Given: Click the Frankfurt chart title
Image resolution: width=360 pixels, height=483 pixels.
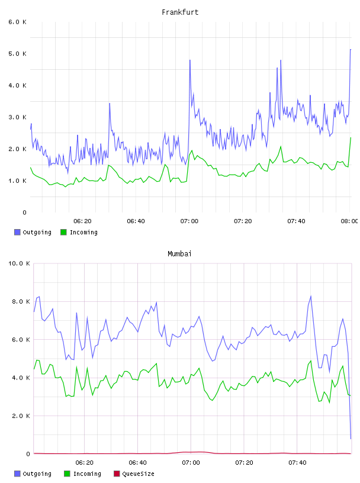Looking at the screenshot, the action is (x=180, y=12).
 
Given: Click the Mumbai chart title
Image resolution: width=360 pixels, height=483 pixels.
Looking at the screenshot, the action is (x=179, y=254).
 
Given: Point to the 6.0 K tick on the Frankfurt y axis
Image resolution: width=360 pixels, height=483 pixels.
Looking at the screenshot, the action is (x=18, y=22).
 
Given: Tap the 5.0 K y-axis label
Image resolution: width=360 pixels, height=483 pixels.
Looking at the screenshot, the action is (x=18, y=54).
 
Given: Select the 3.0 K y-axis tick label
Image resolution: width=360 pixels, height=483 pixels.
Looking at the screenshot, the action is (x=18, y=117).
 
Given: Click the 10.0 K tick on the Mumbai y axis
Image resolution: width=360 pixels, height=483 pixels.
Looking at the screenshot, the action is (x=19, y=263).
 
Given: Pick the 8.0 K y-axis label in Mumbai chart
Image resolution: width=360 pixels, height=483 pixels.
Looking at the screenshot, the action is (x=21, y=301).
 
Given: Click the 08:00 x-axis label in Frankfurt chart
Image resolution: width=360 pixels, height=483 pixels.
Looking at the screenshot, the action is (x=349, y=221).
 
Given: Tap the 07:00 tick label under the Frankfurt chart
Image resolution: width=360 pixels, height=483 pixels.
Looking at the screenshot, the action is (x=189, y=221).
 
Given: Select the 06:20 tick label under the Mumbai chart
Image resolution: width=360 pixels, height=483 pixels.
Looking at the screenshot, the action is (x=84, y=463).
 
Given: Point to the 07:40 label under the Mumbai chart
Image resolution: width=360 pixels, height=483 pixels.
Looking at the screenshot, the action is (x=297, y=463).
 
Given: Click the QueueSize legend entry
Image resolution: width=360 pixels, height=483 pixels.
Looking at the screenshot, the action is (x=134, y=474).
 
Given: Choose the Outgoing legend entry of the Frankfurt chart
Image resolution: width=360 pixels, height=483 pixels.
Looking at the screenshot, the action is (x=33, y=232).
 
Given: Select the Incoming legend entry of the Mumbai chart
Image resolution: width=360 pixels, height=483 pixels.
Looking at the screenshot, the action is (x=83, y=474).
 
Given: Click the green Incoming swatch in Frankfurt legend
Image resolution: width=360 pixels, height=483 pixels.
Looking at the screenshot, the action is (x=63, y=232).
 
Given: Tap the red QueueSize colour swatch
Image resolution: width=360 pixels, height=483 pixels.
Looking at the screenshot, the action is (x=117, y=474).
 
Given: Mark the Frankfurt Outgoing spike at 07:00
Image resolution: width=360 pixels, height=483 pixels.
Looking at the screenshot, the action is (x=190, y=60).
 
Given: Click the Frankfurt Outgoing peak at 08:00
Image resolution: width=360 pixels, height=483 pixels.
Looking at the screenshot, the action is (x=351, y=49).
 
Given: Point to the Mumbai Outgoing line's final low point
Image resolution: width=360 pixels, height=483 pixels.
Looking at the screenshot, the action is (x=351, y=439).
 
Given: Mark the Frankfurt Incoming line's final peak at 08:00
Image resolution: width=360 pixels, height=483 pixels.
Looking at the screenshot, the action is (x=351, y=138).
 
